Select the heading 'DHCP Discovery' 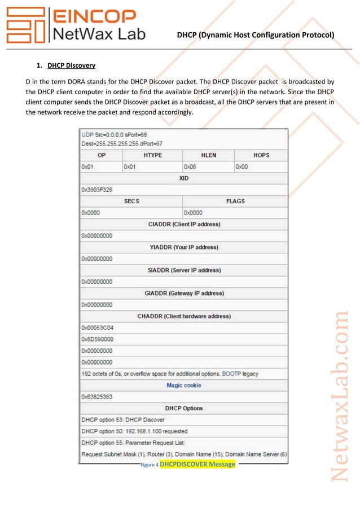click(x=71, y=65)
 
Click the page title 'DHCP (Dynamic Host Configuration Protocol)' click(x=256, y=35)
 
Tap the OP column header click(x=101, y=155)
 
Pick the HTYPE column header click(x=152, y=155)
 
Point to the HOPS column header click(x=261, y=155)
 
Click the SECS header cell click(x=131, y=201)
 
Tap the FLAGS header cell click(x=235, y=201)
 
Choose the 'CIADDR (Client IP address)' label click(x=184, y=224)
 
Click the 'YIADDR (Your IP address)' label click(x=184, y=247)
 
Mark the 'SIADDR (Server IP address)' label click(x=184, y=270)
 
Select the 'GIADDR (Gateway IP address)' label click(x=184, y=293)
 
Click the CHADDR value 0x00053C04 click(x=98, y=328)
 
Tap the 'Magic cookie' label click(x=184, y=385)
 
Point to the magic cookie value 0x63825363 click(x=97, y=397)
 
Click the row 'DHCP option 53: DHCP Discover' click(x=123, y=420)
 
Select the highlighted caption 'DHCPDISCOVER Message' click(x=197, y=464)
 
